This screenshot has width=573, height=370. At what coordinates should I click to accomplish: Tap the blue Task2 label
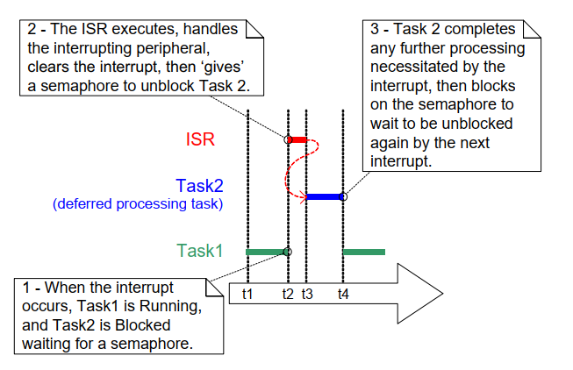[199, 185]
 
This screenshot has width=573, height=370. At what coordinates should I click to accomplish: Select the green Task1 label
[199, 251]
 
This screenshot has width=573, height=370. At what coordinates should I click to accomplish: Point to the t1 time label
[247, 295]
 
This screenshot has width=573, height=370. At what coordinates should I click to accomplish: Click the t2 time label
[287, 295]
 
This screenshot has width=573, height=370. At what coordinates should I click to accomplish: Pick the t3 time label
[306, 295]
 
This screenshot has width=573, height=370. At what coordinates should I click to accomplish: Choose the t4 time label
[343, 295]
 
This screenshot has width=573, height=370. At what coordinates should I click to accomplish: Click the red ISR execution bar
[297, 139]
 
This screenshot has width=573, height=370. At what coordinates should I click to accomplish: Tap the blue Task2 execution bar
[324, 196]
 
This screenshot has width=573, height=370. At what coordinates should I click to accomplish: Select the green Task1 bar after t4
[363, 252]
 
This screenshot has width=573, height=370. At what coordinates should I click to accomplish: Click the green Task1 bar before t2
[266, 252]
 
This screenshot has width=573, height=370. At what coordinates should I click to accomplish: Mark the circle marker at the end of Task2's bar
[343, 196]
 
